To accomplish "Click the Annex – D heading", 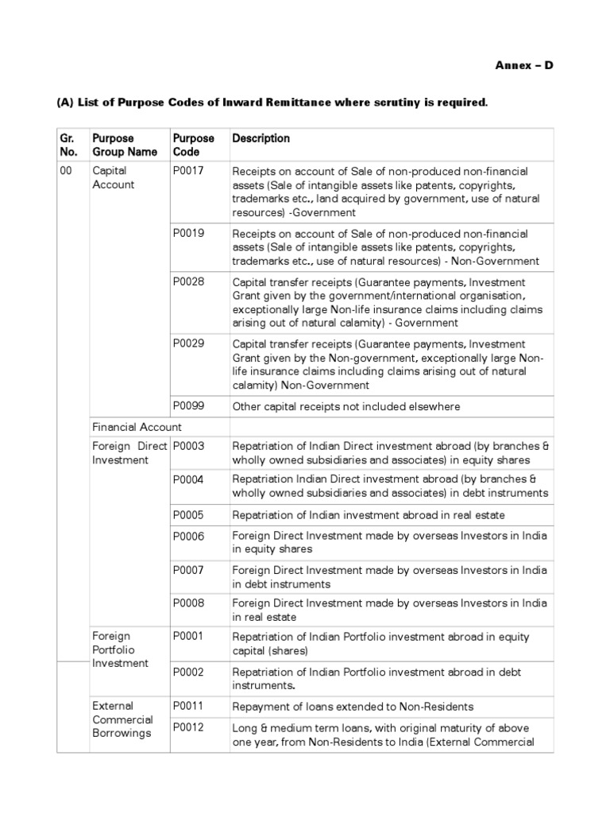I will [524, 65].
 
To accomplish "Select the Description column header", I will [261, 138].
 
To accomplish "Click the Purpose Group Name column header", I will [125, 145].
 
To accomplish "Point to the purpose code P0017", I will [188, 171].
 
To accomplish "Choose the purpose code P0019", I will [188, 234].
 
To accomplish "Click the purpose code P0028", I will [188, 282].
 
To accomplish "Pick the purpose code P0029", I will [188, 344].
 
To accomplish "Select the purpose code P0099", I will [188, 406].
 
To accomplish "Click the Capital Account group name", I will [114, 177].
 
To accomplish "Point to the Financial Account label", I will [137, 427].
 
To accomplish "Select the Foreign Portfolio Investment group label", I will [120, 649].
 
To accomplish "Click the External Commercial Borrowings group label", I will [122, 719].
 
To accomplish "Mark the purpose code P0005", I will [188, 514].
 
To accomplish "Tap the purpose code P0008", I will [188, 603].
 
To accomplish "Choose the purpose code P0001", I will [188, 636].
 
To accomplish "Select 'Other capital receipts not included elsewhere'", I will [346, 407].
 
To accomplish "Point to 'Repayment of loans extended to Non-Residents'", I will [352, 707].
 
